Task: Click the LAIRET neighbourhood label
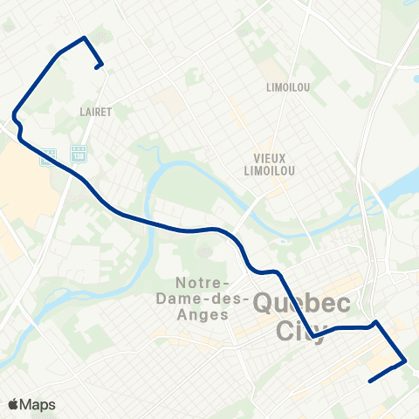click(95, 112)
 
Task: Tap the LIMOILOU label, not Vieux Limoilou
click(289, 87)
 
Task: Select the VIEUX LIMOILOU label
click(270, 163)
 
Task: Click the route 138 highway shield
click(78, 153)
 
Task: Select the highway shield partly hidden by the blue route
click(49, 155)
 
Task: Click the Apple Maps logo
click(13, 404)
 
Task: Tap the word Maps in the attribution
click(38, 404)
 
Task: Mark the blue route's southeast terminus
click(371, 381)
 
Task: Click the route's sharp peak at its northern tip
click(84, 38)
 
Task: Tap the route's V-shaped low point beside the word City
click(313, 335)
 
